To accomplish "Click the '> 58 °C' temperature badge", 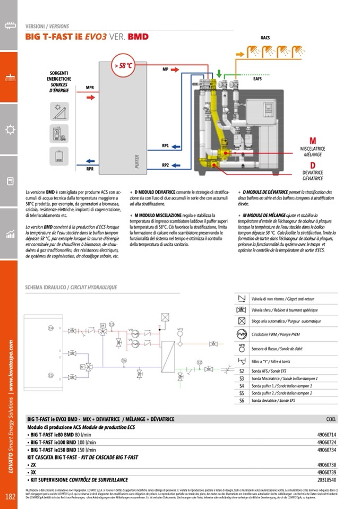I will (x=122, y=66).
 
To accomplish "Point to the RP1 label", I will (x=166, y=145).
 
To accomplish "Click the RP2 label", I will (x=166, y=165).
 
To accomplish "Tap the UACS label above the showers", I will (x=265, y=38).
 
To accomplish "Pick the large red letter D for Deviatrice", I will (x=313, y=165).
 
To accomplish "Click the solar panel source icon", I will (x=57, y=111).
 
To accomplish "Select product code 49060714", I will (x=327, y=435).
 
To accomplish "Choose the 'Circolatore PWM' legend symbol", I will (x=242, y=334).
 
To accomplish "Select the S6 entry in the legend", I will (x=242, y=401).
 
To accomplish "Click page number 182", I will (x=10, y=497).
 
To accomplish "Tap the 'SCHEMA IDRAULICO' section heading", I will (x=45, y=288).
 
